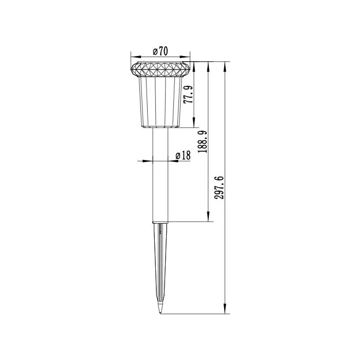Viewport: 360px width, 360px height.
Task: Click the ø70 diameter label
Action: pyautogui.click(x=161, y=50)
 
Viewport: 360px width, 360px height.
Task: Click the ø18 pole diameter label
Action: pyautogui.click(x=183, y=155)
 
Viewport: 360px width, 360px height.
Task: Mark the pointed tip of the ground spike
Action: pyautogui.click(x=160, y=313)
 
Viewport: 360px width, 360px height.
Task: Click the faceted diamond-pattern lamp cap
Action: pyautogui.click(x=160, y=68)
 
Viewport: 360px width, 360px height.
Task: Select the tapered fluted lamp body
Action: pyautogui.click(x=160, y=101)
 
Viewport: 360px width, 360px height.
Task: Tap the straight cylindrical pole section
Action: pyautogui.click(x=160, y=175)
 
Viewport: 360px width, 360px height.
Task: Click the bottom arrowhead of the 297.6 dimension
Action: pyautogui.click(x=226, y=310)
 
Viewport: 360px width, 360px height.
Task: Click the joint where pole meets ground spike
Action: pyautogui.click(x=160, y=222)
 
